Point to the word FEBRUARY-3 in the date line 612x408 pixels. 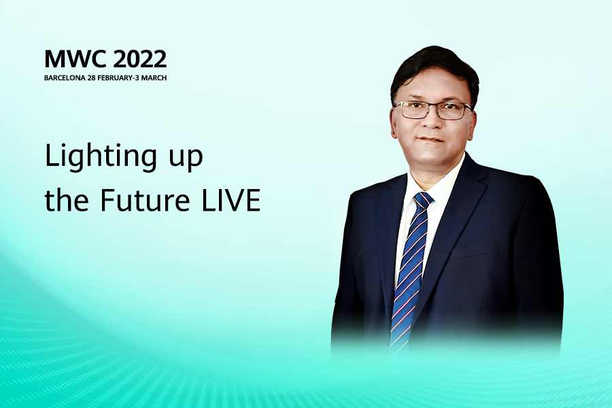point(118,78)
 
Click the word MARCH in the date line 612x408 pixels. point(154,78)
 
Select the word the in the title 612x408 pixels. point(67,199)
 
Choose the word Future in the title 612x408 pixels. point(145,200)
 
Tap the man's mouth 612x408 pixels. point(430,139)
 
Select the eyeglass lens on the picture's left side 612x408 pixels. point(413,110)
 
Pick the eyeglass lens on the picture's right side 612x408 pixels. point(453,111)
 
